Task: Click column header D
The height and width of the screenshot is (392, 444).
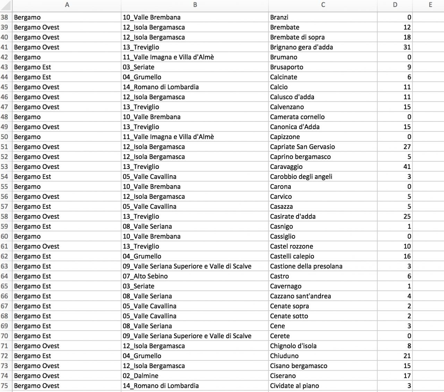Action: coord(395,5)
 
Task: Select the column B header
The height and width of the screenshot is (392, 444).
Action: coord(195,5)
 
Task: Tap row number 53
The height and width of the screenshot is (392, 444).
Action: coord(5,167)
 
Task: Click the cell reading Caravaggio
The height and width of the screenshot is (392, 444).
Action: coord(286,167)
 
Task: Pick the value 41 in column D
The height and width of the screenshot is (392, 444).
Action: coord(407,167)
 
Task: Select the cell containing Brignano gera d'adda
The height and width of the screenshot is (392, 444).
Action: coord(301,47)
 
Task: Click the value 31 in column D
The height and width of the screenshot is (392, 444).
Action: coord(407,47)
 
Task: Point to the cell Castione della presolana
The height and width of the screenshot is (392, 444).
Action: coord(306,266)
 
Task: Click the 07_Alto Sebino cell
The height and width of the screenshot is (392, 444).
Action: coord(145,276)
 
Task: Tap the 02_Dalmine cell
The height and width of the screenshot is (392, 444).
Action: coord(140,376)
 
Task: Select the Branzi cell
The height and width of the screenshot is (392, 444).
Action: coord(279,17)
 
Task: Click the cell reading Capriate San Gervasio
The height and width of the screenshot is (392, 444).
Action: coord(302,147)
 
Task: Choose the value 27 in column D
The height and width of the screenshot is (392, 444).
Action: coord(407,147)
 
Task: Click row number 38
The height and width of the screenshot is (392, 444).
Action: coord(5,17)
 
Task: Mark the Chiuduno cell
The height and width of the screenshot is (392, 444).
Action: coord(284,356)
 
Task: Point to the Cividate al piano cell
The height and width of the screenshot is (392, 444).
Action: coord(294,386)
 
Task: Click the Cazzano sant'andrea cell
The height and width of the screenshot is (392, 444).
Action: coord(300,296)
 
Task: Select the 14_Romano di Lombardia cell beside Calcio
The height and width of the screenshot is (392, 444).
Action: coord(161,87)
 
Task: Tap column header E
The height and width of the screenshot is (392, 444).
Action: coord(430,5)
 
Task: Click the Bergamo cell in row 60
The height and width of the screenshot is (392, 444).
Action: coord(27,237)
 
